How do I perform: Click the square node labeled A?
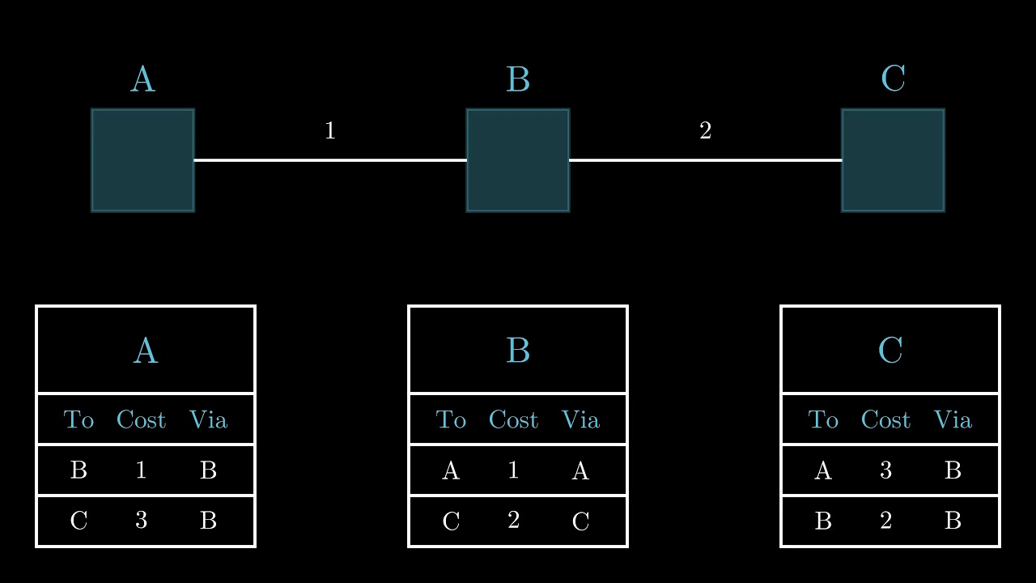pyautogui.click(x=142, y=160)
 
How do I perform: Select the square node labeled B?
pyautogui.click(x=518, y=160)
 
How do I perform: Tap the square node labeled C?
pyautogui.click(x=893, y=160)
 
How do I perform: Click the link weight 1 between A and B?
pyautogui.click(x=329, y=130)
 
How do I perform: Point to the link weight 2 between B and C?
pyautogui.click(x=705, y=130)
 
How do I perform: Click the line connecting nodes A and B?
pyautogui.click(x=329, y=160)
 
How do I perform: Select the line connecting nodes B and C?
pyautogui.click(x=705, y=160)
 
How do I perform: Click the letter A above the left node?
pyautogui.click(x=142, y=79)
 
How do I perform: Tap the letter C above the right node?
pyautogui.click(x=893, y=79)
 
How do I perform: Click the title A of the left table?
pyautogui.click(x=146, y=351)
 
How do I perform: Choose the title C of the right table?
pyautogui.click(x=890, y=351)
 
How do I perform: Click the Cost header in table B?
pyautogui.click(x=513, y=419)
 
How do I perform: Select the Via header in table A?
pyautogui.click(x=208, y=419)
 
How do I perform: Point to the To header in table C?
pyautogui.click(x=823, y=419)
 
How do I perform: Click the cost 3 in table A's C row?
pyautogui.click(x=141, y=521)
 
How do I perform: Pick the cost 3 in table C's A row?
pyautogui.click(x=885, y=470)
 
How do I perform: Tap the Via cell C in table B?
pyautogui.click(x=580, y=521)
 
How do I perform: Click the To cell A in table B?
pyautogui.click(x=451, y=470)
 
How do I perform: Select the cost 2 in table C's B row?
pyautogui.click(x=885, y=521)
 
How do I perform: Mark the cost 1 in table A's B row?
pyautogui.click(x=141, y=470)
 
